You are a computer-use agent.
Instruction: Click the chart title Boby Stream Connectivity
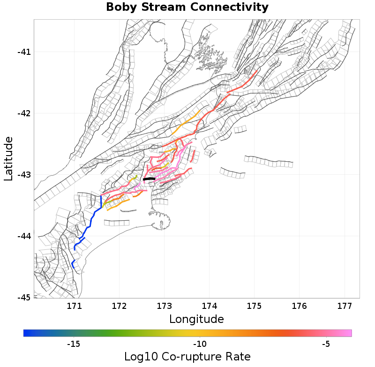point(187,7)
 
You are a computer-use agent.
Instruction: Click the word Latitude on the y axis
point(8,158)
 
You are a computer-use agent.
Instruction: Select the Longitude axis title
point(196,319)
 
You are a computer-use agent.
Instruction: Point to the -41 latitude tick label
point(23,52)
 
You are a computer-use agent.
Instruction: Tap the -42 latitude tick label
point(23,113)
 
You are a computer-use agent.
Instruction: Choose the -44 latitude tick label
point(23,236)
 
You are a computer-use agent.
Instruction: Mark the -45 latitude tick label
point(23,298)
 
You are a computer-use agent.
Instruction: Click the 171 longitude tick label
point(75,307)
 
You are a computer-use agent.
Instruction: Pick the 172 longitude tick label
point(120,307)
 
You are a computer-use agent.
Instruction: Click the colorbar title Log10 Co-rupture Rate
point(187,356)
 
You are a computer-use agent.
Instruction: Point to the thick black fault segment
point(149,179)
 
